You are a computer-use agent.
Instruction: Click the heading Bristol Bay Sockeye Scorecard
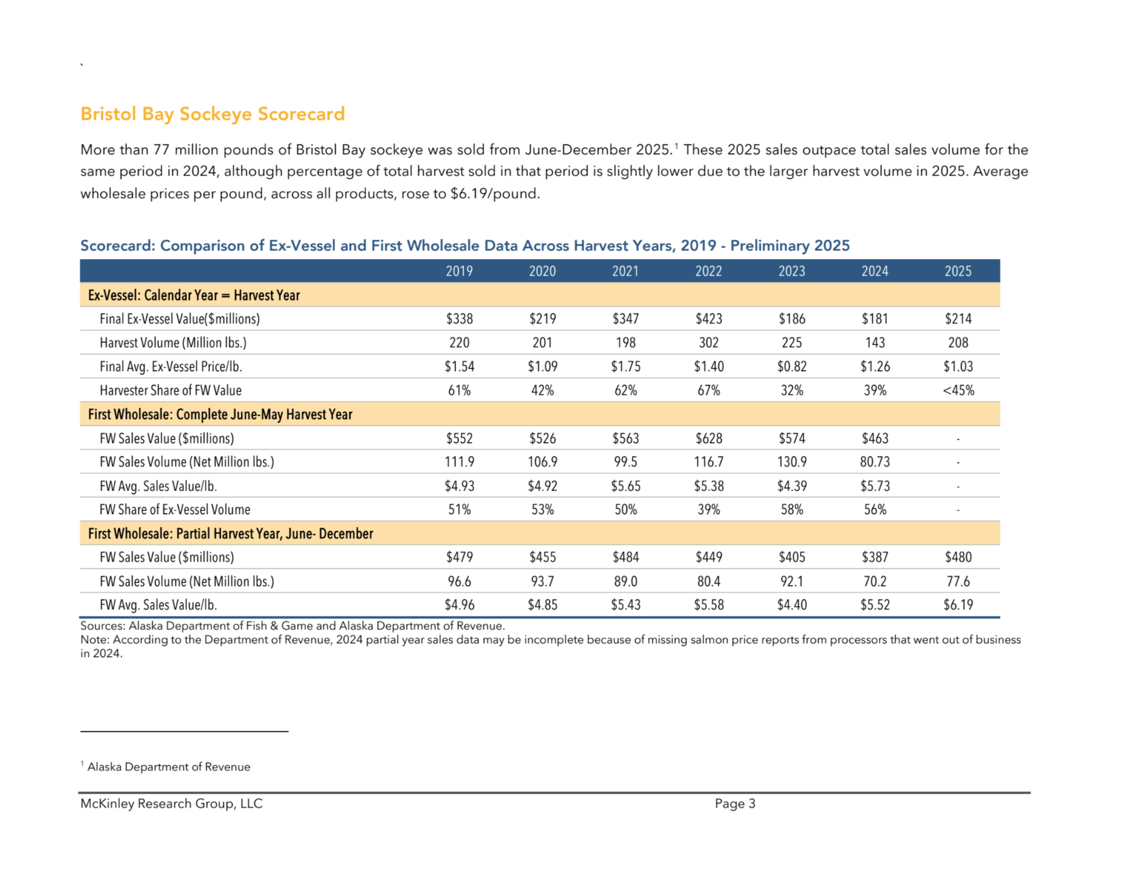click(212, 114)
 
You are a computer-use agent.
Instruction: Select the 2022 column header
click(708, 271)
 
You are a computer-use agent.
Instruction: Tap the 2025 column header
click(957, 271)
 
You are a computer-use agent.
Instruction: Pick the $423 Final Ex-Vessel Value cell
click(708, 319)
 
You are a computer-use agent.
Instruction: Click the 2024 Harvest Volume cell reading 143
click(875, 343)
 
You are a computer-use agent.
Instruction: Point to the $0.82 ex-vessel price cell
click(792, 367)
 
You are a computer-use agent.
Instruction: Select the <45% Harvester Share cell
click(958, 391)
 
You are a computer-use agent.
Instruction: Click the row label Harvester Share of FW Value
click(170, 391)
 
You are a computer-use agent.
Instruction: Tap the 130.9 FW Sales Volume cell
click(792, 462)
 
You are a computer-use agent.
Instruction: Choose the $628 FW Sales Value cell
click(708, 439)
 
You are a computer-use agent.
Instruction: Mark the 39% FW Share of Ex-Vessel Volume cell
click(708, 510)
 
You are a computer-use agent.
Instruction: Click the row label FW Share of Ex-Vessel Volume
click(175, 510)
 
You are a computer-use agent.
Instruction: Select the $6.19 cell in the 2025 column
click(958, 605)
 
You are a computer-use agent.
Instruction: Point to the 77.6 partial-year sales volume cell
click(958, 582)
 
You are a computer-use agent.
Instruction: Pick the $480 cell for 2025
click(958, 557)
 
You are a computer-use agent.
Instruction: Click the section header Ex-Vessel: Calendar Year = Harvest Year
click(194, 295)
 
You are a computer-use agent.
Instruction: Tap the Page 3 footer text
click(734, 804)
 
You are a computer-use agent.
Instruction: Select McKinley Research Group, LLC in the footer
click(171, 804)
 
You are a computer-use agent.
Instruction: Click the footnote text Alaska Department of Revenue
click(169, 767)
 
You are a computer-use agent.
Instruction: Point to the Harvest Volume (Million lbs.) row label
click(173, 343)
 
